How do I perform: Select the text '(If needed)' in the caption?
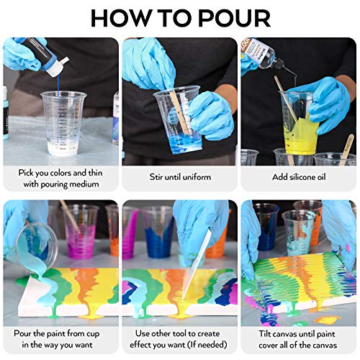204,345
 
